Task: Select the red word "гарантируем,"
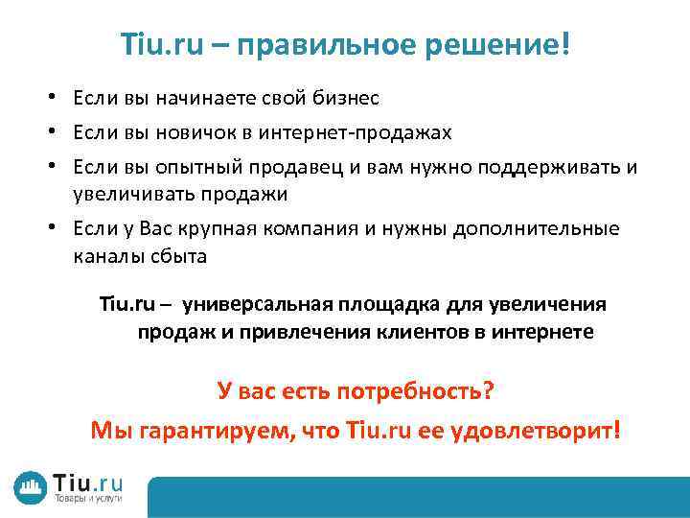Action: pyautogui.click(x=211, y=430)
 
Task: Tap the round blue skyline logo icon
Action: pyautogui.click(x=32, y=486)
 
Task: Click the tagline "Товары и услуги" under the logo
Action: pyautogui.click(x=86, y=501)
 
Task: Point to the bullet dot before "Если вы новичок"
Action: pyautogui.click(x=58, y=132)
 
